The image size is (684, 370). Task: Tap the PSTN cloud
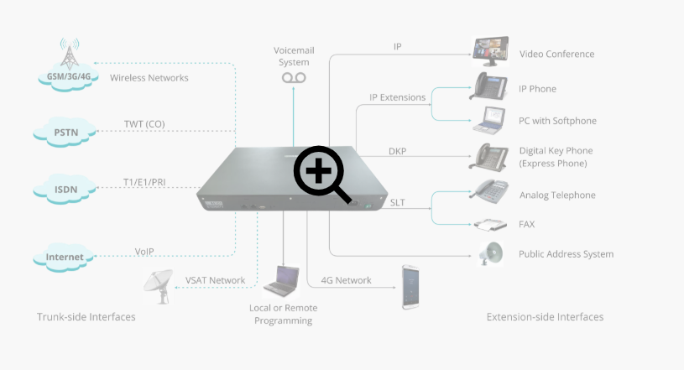pyautogui.click(x=65, y=132)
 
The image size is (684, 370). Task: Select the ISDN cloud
pyautogui.click(x=65, y=189)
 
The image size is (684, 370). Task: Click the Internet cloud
pyautogui.click(x=64, y=257)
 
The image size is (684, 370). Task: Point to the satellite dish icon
pyautogui.click(x=159, y=287)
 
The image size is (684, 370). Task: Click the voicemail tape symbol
pyautogui.click(x=294, y=78)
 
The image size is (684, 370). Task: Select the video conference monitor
pyautogui.click(x=491, y=51)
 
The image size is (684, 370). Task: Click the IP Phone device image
pyautogui.click(x=489, y=86)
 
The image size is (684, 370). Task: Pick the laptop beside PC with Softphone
pyautogui.click(x=489, y=121)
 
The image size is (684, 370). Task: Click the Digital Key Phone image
pyautogui.click(x=489, y=157)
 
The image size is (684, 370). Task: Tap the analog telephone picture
pyautogui.click(x=490, y=192)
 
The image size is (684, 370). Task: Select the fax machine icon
pyautogui.click(x=490, y=225)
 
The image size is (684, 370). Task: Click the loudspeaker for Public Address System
pyautogui.click(x=491, y=253)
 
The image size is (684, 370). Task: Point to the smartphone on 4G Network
pyautogui.click(x=410, y=287)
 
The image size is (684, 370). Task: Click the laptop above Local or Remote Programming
pyautogui.click(x=281, y=281)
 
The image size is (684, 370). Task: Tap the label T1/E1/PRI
pyautogui.click(x=144, y=182)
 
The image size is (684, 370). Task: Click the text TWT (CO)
pyautogui.click(x=144, y=124)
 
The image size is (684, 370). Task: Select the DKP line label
pyautogui.click(x=398, y=151)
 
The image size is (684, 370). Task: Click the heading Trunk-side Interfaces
pyautogui.click(x=86, y=317)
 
